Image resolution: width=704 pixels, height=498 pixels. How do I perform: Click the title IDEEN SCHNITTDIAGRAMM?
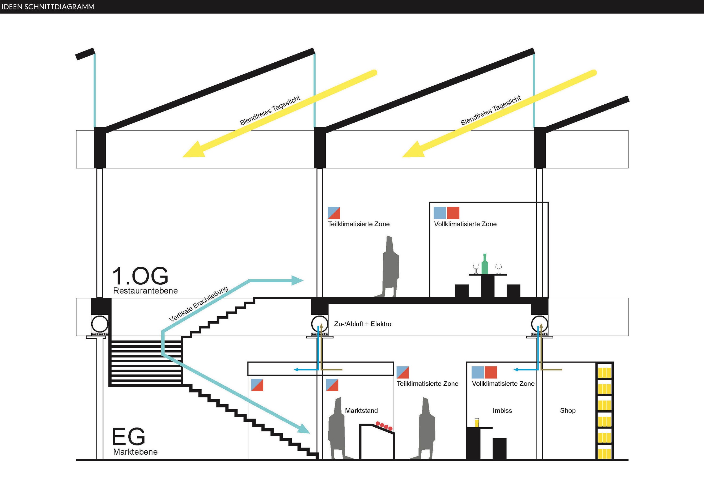[x=48, y=7]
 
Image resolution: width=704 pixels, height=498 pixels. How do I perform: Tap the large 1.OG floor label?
[x=141, y=276]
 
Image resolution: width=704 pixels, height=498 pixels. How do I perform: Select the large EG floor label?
[x=129, y=436]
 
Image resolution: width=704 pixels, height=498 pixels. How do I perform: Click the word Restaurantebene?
[x=145, y=291]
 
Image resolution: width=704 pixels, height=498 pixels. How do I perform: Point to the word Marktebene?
[x=135, y=452]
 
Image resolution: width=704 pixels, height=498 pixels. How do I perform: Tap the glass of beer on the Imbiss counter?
[x=477, y=423]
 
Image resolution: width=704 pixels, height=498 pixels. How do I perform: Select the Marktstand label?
[x=361, y=411]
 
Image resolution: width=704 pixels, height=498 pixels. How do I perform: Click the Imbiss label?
[x=502, y=411]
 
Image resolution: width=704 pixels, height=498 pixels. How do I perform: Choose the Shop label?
[x=568, y=411]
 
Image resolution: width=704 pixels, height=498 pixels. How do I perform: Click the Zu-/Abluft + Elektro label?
[x=363, y=324]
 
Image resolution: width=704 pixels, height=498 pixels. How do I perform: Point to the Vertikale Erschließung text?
[x=199, y=304]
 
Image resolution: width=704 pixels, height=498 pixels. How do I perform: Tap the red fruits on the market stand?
[x=384, y=426]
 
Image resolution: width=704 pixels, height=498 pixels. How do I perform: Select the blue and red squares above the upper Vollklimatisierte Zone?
[x=446, y=213]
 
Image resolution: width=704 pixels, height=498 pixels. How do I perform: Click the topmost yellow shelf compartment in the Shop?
[x=604, y=373]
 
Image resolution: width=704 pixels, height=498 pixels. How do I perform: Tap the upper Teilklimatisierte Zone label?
[x=359, y=224]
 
